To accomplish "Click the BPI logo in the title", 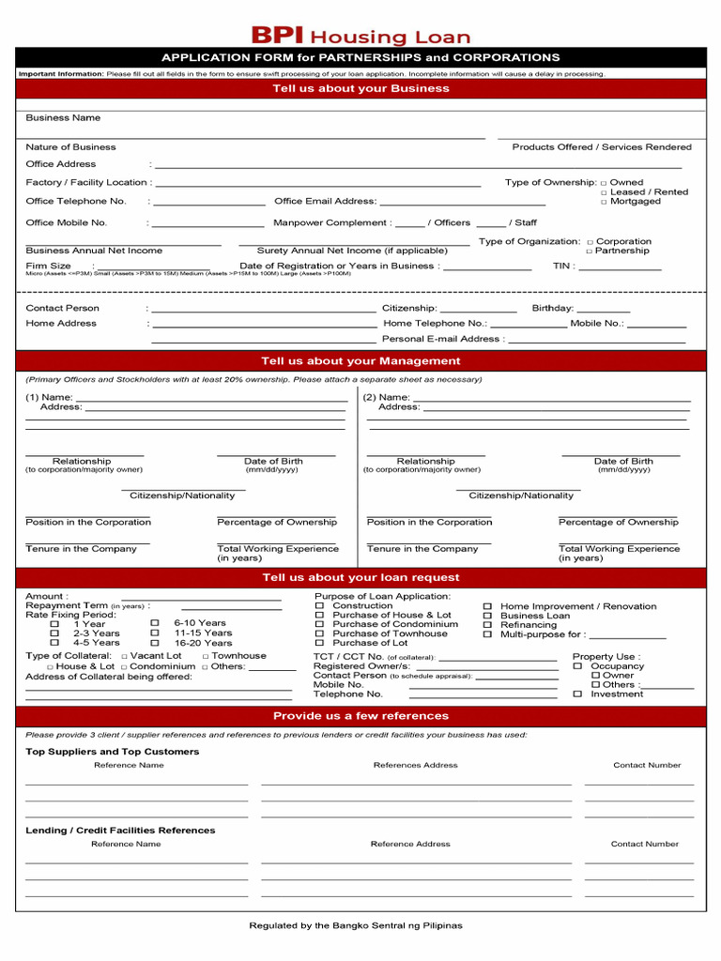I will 277,36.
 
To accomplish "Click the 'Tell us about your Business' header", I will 360,88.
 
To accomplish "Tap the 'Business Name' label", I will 63,118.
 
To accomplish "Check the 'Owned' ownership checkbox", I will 604,183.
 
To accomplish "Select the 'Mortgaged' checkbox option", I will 604,202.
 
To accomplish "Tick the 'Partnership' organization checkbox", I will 590,252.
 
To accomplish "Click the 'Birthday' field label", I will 552,308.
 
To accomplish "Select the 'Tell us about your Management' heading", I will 360,361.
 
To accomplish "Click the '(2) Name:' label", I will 388,398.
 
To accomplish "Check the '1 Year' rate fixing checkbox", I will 54,624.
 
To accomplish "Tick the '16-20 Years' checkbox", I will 155,643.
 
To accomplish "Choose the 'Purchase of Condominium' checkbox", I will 319,625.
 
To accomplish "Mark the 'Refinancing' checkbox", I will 487,625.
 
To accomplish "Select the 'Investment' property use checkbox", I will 577,694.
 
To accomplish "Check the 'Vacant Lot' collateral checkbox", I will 124,657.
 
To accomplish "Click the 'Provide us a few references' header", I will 360,716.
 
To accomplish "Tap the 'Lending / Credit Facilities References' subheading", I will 120,831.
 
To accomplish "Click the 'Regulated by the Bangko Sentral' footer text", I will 356,925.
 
